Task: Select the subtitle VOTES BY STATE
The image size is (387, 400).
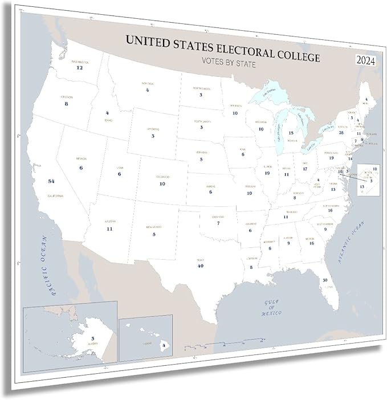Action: coord(228,64)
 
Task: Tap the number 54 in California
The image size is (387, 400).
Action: coord(51,181)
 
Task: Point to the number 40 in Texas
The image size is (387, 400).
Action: coord(200,266)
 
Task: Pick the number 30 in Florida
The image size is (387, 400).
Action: coord(325,280)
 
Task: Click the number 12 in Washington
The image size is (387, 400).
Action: coord(80,68)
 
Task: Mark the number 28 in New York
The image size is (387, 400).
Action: coord(341,132)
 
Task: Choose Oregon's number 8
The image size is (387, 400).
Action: coord(67,104)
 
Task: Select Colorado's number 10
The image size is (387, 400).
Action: coord(162,184)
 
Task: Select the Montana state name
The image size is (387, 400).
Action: coord(147,84)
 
